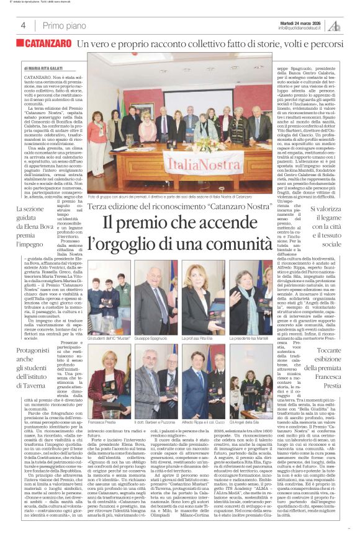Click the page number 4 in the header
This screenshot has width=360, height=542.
tap(23, 25)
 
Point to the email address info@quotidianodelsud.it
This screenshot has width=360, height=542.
tap(300, 28)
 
